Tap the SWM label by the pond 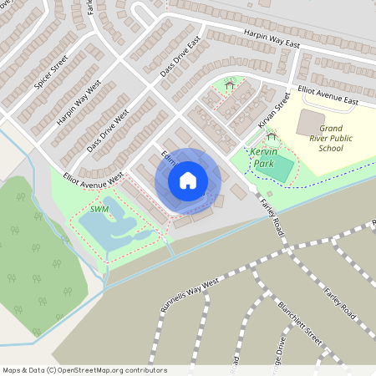[99, 209]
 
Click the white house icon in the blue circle [188, 179]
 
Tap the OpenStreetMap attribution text [84, 369]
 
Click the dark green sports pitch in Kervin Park [282, 170]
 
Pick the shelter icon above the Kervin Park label [270, 136]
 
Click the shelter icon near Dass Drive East [230, 82]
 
